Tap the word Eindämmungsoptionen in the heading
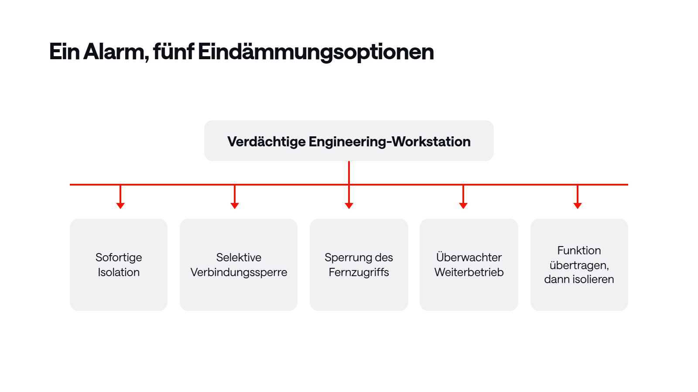316,52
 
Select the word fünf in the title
174,51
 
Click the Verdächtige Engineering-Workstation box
349,141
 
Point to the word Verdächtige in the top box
267,142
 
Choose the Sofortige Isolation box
118,265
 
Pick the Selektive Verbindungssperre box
238,265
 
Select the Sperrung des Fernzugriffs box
359,265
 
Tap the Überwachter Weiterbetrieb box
469,265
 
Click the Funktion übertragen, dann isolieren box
579,265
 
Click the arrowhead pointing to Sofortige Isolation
120,206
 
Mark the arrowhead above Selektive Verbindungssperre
235,206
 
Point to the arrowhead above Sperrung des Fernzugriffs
349,206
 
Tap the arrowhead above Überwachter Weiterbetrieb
463,206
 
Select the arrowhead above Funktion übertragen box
578,206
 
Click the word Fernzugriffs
359,273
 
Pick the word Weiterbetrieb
469,272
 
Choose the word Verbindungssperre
239,273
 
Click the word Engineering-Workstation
390,142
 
